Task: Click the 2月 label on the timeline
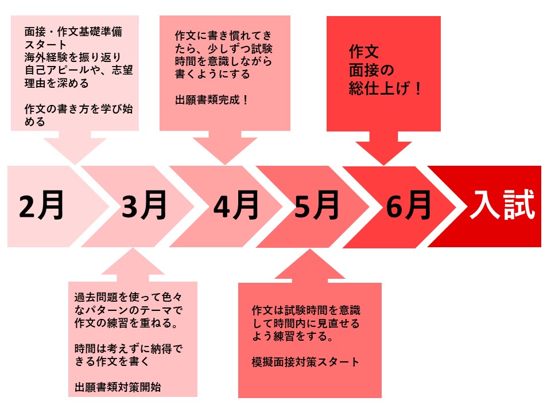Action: coord(41,205)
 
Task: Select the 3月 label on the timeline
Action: coord(144,205)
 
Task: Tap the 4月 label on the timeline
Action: coord(236,205)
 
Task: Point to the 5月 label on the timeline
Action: coord(317,205)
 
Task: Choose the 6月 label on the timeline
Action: coord(408,205)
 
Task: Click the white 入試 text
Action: coord(503,205)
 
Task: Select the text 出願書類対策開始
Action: coord(118,387)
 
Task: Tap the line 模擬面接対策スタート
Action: coord(305,362)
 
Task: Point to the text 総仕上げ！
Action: coord(386,88)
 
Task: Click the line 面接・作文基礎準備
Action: coord(73,32)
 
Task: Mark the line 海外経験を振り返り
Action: coord(73,57)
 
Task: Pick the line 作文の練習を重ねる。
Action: coord(126,323)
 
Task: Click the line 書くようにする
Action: coord(212,74)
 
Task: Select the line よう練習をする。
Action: coord(293,336)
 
